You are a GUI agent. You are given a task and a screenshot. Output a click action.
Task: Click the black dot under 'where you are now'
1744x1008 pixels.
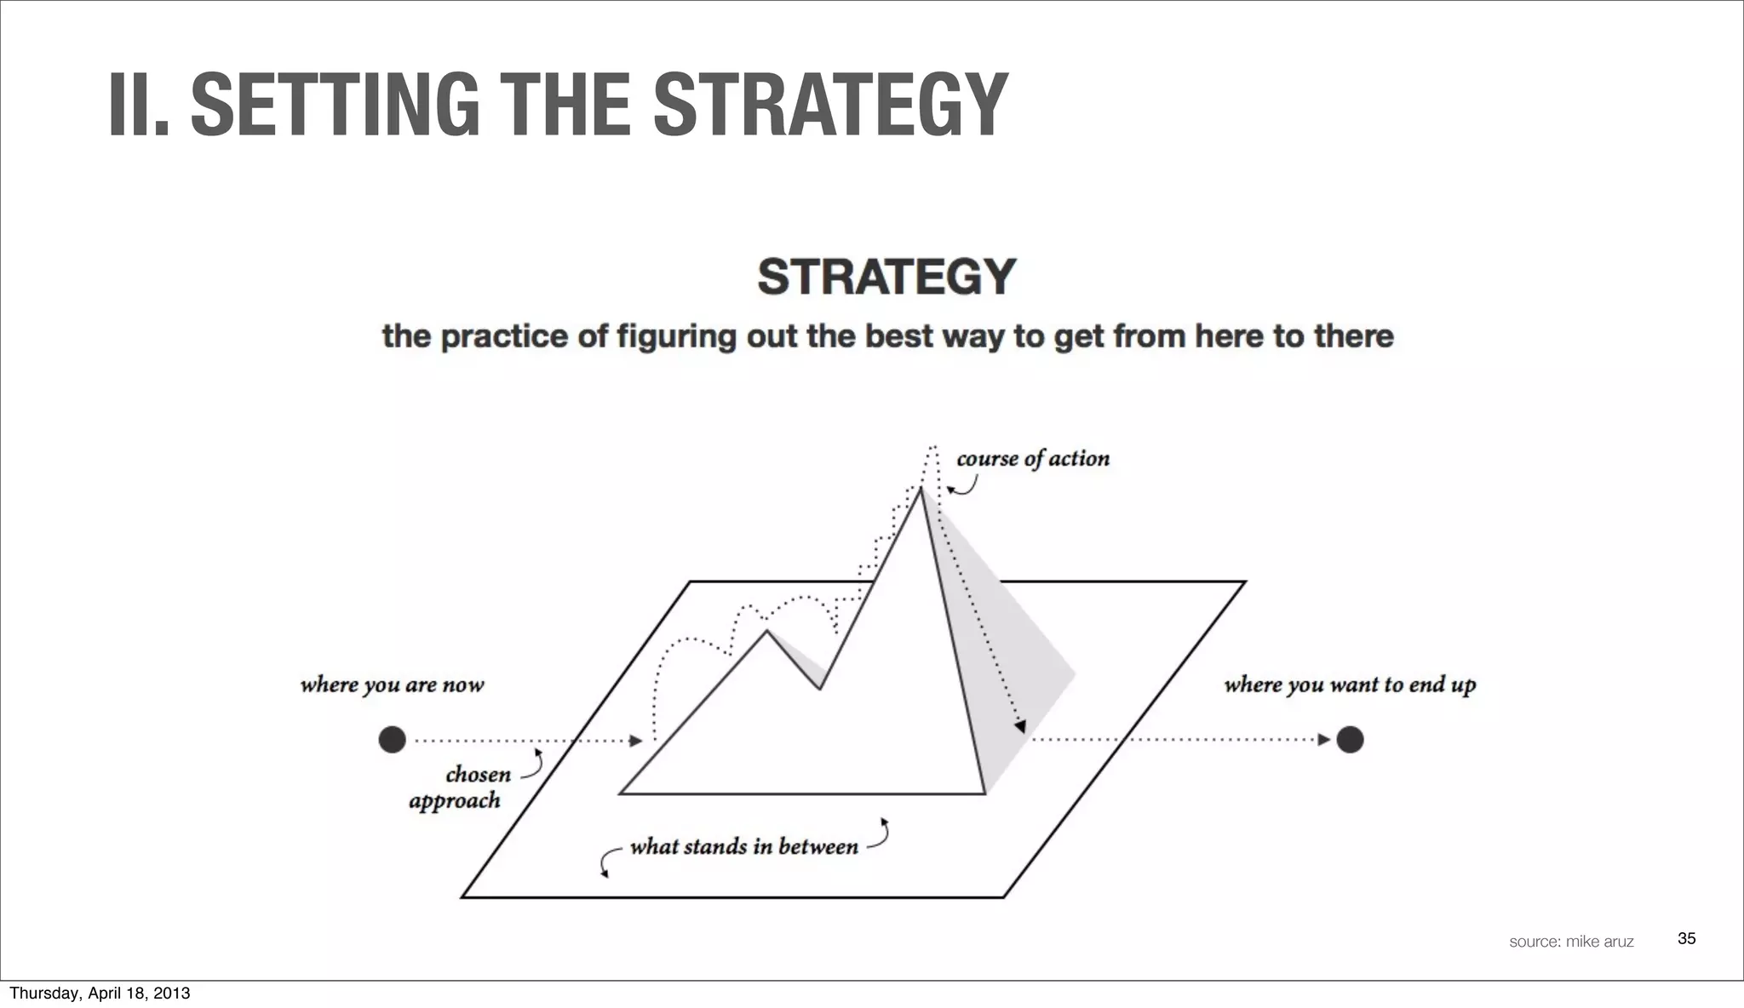[392, 740]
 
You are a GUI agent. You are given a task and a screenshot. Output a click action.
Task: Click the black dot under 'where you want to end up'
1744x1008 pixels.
[1350, 740]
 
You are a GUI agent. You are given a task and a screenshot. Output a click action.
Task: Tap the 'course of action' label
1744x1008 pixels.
[1033, 459]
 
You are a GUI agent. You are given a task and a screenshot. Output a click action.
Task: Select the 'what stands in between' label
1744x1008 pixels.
[743, 847]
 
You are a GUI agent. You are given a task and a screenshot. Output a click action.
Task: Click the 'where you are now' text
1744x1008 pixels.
[392, 685]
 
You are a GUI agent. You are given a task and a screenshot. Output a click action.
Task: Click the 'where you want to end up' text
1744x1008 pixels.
[1350, 685]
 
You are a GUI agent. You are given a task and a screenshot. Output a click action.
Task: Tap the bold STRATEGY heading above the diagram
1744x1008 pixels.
[886, 277]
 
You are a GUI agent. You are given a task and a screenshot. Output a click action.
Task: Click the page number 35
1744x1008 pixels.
[1686, 938]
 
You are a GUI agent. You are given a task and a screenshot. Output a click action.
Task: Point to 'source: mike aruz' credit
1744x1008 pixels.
[1571, 942]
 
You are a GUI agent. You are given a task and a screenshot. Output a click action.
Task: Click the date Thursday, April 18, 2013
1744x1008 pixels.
[100, 993]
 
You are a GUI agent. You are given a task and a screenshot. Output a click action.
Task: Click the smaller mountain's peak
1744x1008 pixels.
[766, 631]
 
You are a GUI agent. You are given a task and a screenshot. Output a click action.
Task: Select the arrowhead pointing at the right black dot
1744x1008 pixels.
[1324, 740]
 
